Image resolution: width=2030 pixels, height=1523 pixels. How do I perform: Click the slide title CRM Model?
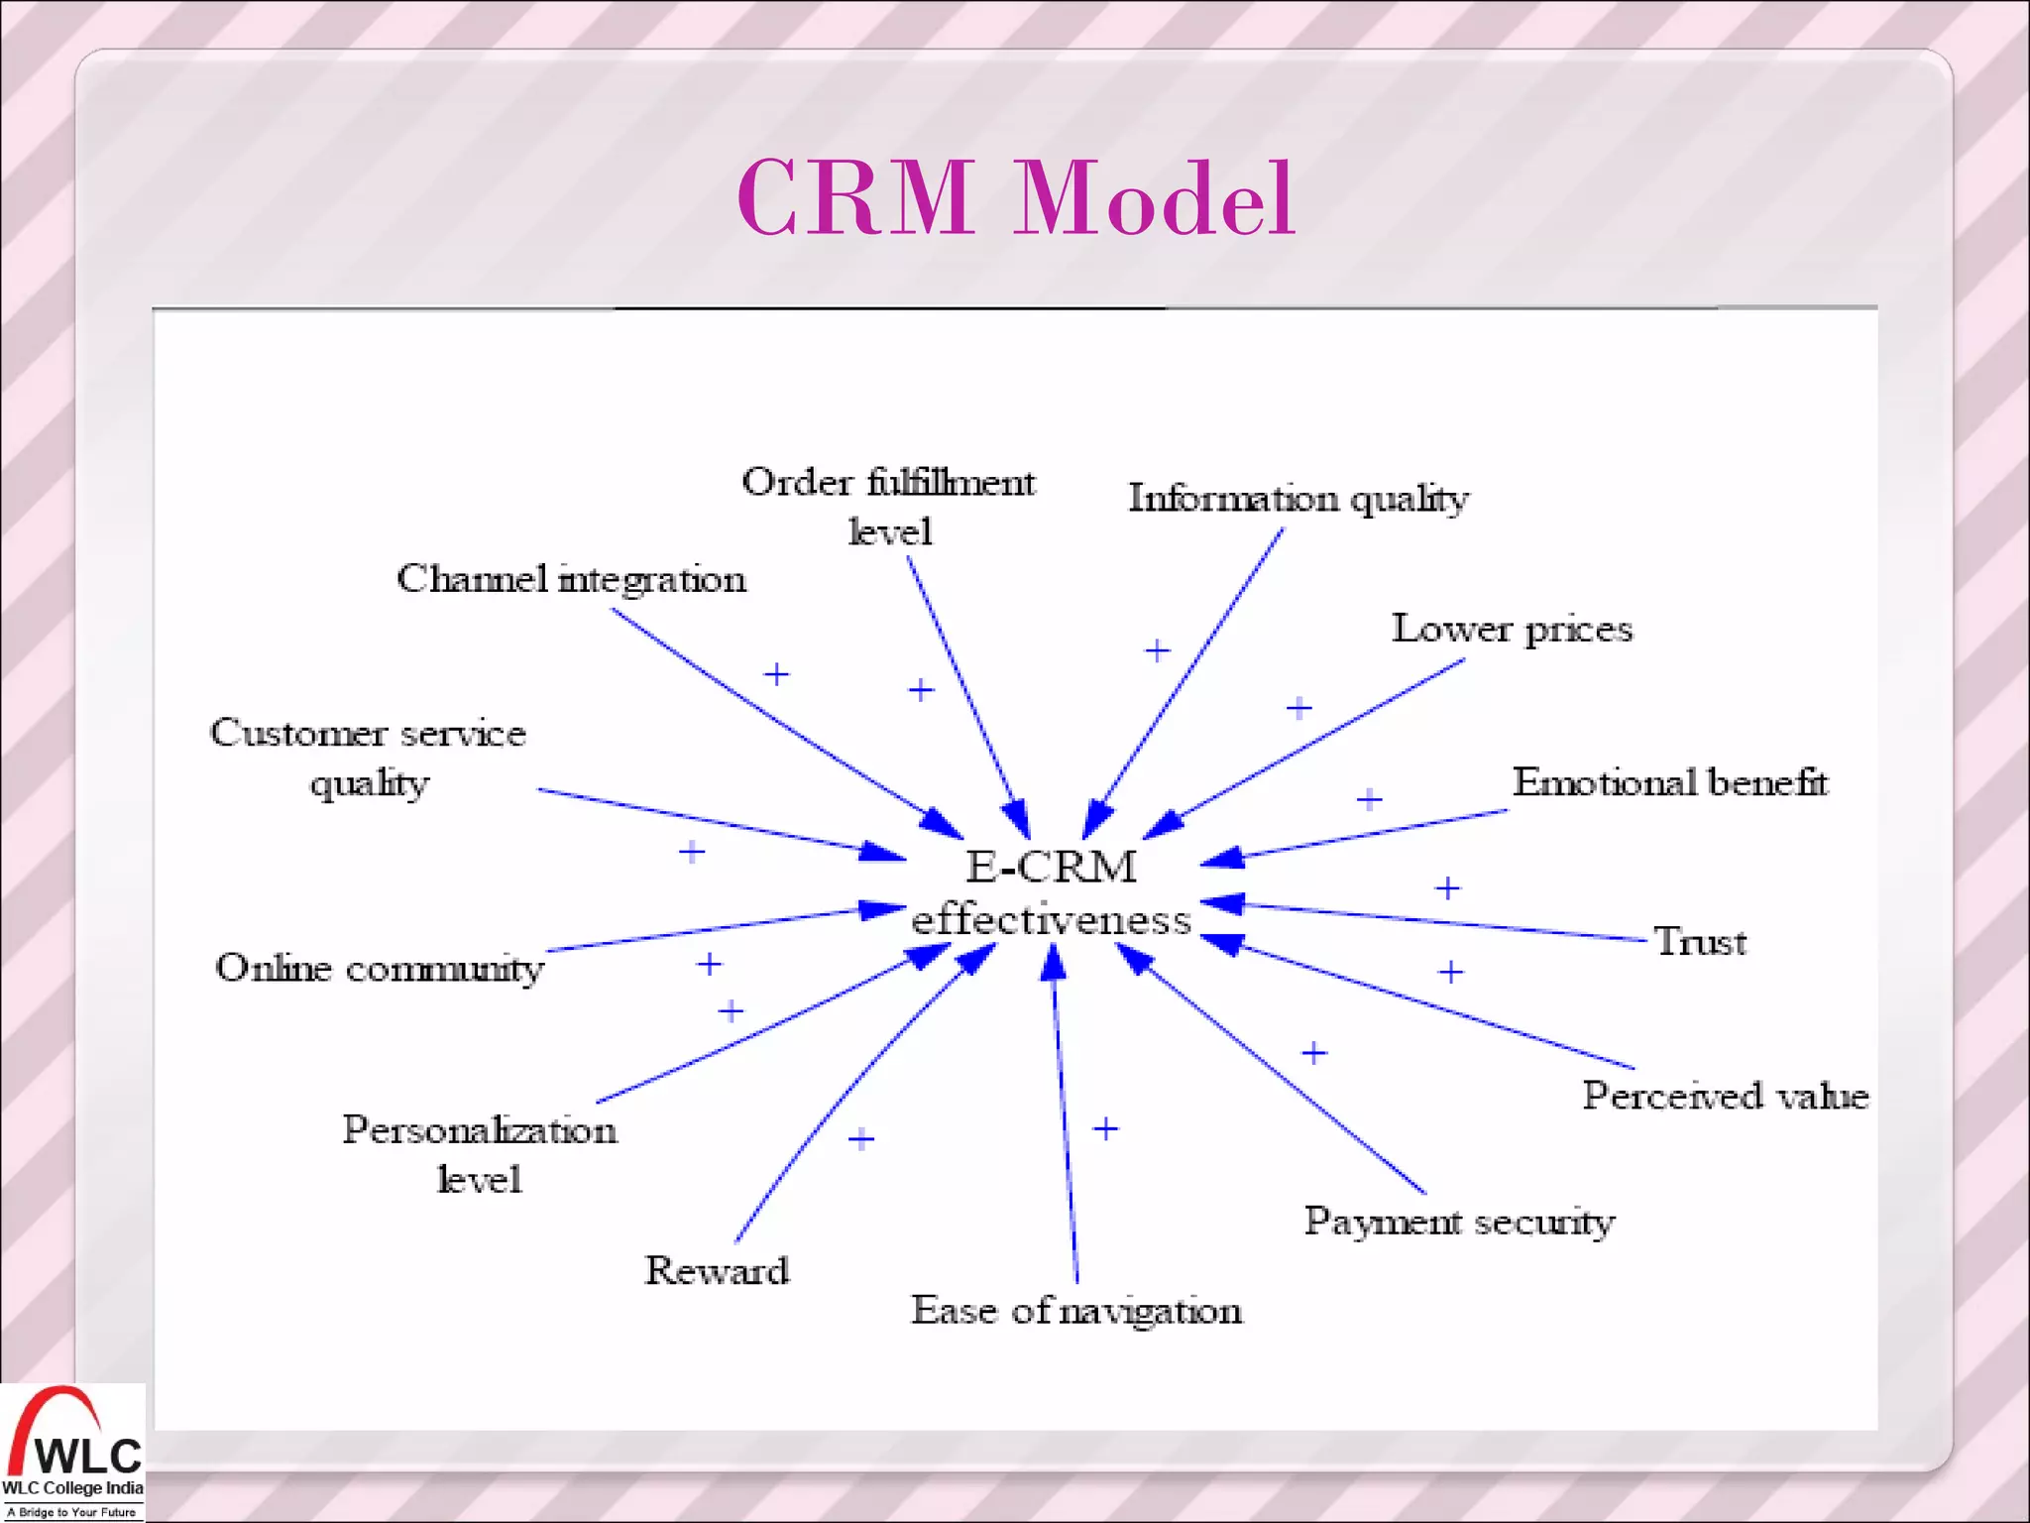pyautogui.click(x=1015, y=198)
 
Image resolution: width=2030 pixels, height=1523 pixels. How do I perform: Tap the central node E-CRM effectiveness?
pyautogui.click(x=1051, y=893)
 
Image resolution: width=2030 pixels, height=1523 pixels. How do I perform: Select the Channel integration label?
pyautogui.click(x=571, y=579)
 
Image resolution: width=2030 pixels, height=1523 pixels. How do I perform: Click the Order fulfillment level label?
pyautogui.click(x=888, y=506)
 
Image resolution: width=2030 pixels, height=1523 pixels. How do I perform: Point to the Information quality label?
pyautogui.click(x=1297, y=499)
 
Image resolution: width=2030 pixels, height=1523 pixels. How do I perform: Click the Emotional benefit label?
pyautogui.click(x=1669, y=783)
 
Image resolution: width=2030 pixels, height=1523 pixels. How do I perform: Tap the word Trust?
pyautogui.click(x=1700, y=942)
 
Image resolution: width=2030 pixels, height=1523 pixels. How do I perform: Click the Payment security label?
pyautogui.click(x=1458, y=1222)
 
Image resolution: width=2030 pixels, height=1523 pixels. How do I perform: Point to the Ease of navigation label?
pyautogui.click(x=1075, y=1311)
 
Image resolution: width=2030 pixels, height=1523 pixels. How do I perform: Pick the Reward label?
pyautogui.click(x=717, y=1271)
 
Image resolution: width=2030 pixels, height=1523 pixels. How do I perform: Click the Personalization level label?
pyautogui.click(x=480, y=1154)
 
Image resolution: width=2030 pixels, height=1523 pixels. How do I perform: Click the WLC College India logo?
pyautogui.click(x=72, y=1452)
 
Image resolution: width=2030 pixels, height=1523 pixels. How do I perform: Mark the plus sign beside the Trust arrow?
pyautogui.click(x=1447, y=888)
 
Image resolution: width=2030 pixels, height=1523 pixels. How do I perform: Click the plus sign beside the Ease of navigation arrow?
pyautogui.click(x=1105, y=1128)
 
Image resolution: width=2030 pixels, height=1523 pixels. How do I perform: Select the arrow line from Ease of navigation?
pyautogui.click(x=1066, y=1120)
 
